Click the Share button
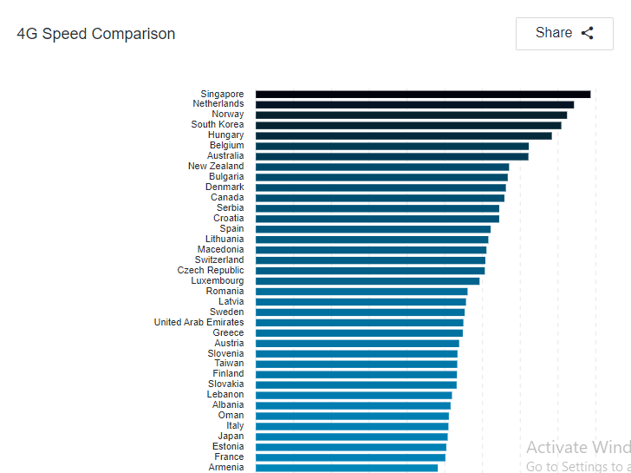pyautogui.click(x=564, y=34)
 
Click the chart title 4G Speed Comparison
pyautogui.click(x=96, y=34)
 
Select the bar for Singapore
pyautogui.click(x=422, y=95)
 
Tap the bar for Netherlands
pyautogui.click(x=414, y=104)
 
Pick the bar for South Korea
pyautogui.click(x=408, y=125)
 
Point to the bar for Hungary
pyautogui.click(x=403, y=135)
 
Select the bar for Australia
pyautogui.click(x=392, y=156)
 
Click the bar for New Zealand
pyautogui.click(x=382, y=167)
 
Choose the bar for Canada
pyautogui.click(x=380, y=198)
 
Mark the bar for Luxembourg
pyautogui.click(x=368, y=281)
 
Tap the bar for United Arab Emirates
pyautogui.click(x=359, y=323)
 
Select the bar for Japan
pyautogui.click(x=352, y=437)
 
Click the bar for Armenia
pyautogui.click(x=347, y=468)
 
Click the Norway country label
pyautogui.click(x=228, y=115)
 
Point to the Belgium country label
pyautogui.click(x=226, y=146)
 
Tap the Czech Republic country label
pyautogui.click(x=211, y=271)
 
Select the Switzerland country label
pyautogui.click(x=219, y=260)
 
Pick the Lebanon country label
pyautogui.click(x=225, y=395)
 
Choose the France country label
pyautogui.click(x=229, y=457)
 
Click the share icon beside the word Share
pyautogui.click(x=588, y=34)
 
